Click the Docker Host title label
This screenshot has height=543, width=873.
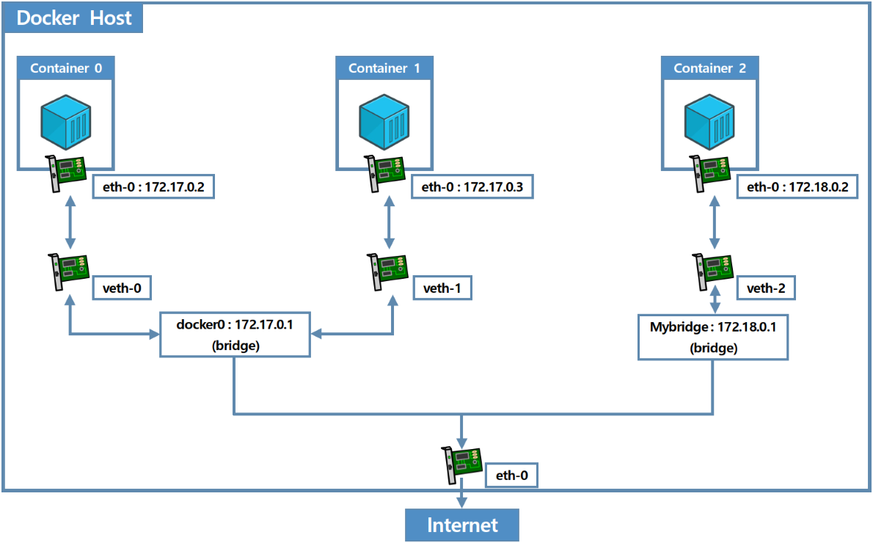coord(73,18)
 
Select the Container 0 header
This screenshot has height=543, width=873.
coord(66,68)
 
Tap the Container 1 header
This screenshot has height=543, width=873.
coord(384,68)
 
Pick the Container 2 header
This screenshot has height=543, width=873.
coord(709,68)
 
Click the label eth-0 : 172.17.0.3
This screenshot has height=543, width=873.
coord(472,187)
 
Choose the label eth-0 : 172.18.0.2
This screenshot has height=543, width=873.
coord(797,187)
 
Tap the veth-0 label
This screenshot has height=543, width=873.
coord(121,288)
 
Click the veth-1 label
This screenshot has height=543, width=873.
coord(442,288)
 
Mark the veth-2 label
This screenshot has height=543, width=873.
coord(766,288)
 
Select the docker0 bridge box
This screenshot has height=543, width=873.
coord(235,335)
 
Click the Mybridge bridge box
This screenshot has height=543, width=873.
coord(713,336)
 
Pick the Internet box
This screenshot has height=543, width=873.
coord(462,525)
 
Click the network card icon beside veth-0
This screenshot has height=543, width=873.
coord(69,271)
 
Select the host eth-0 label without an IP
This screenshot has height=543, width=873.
coord(511,475)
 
